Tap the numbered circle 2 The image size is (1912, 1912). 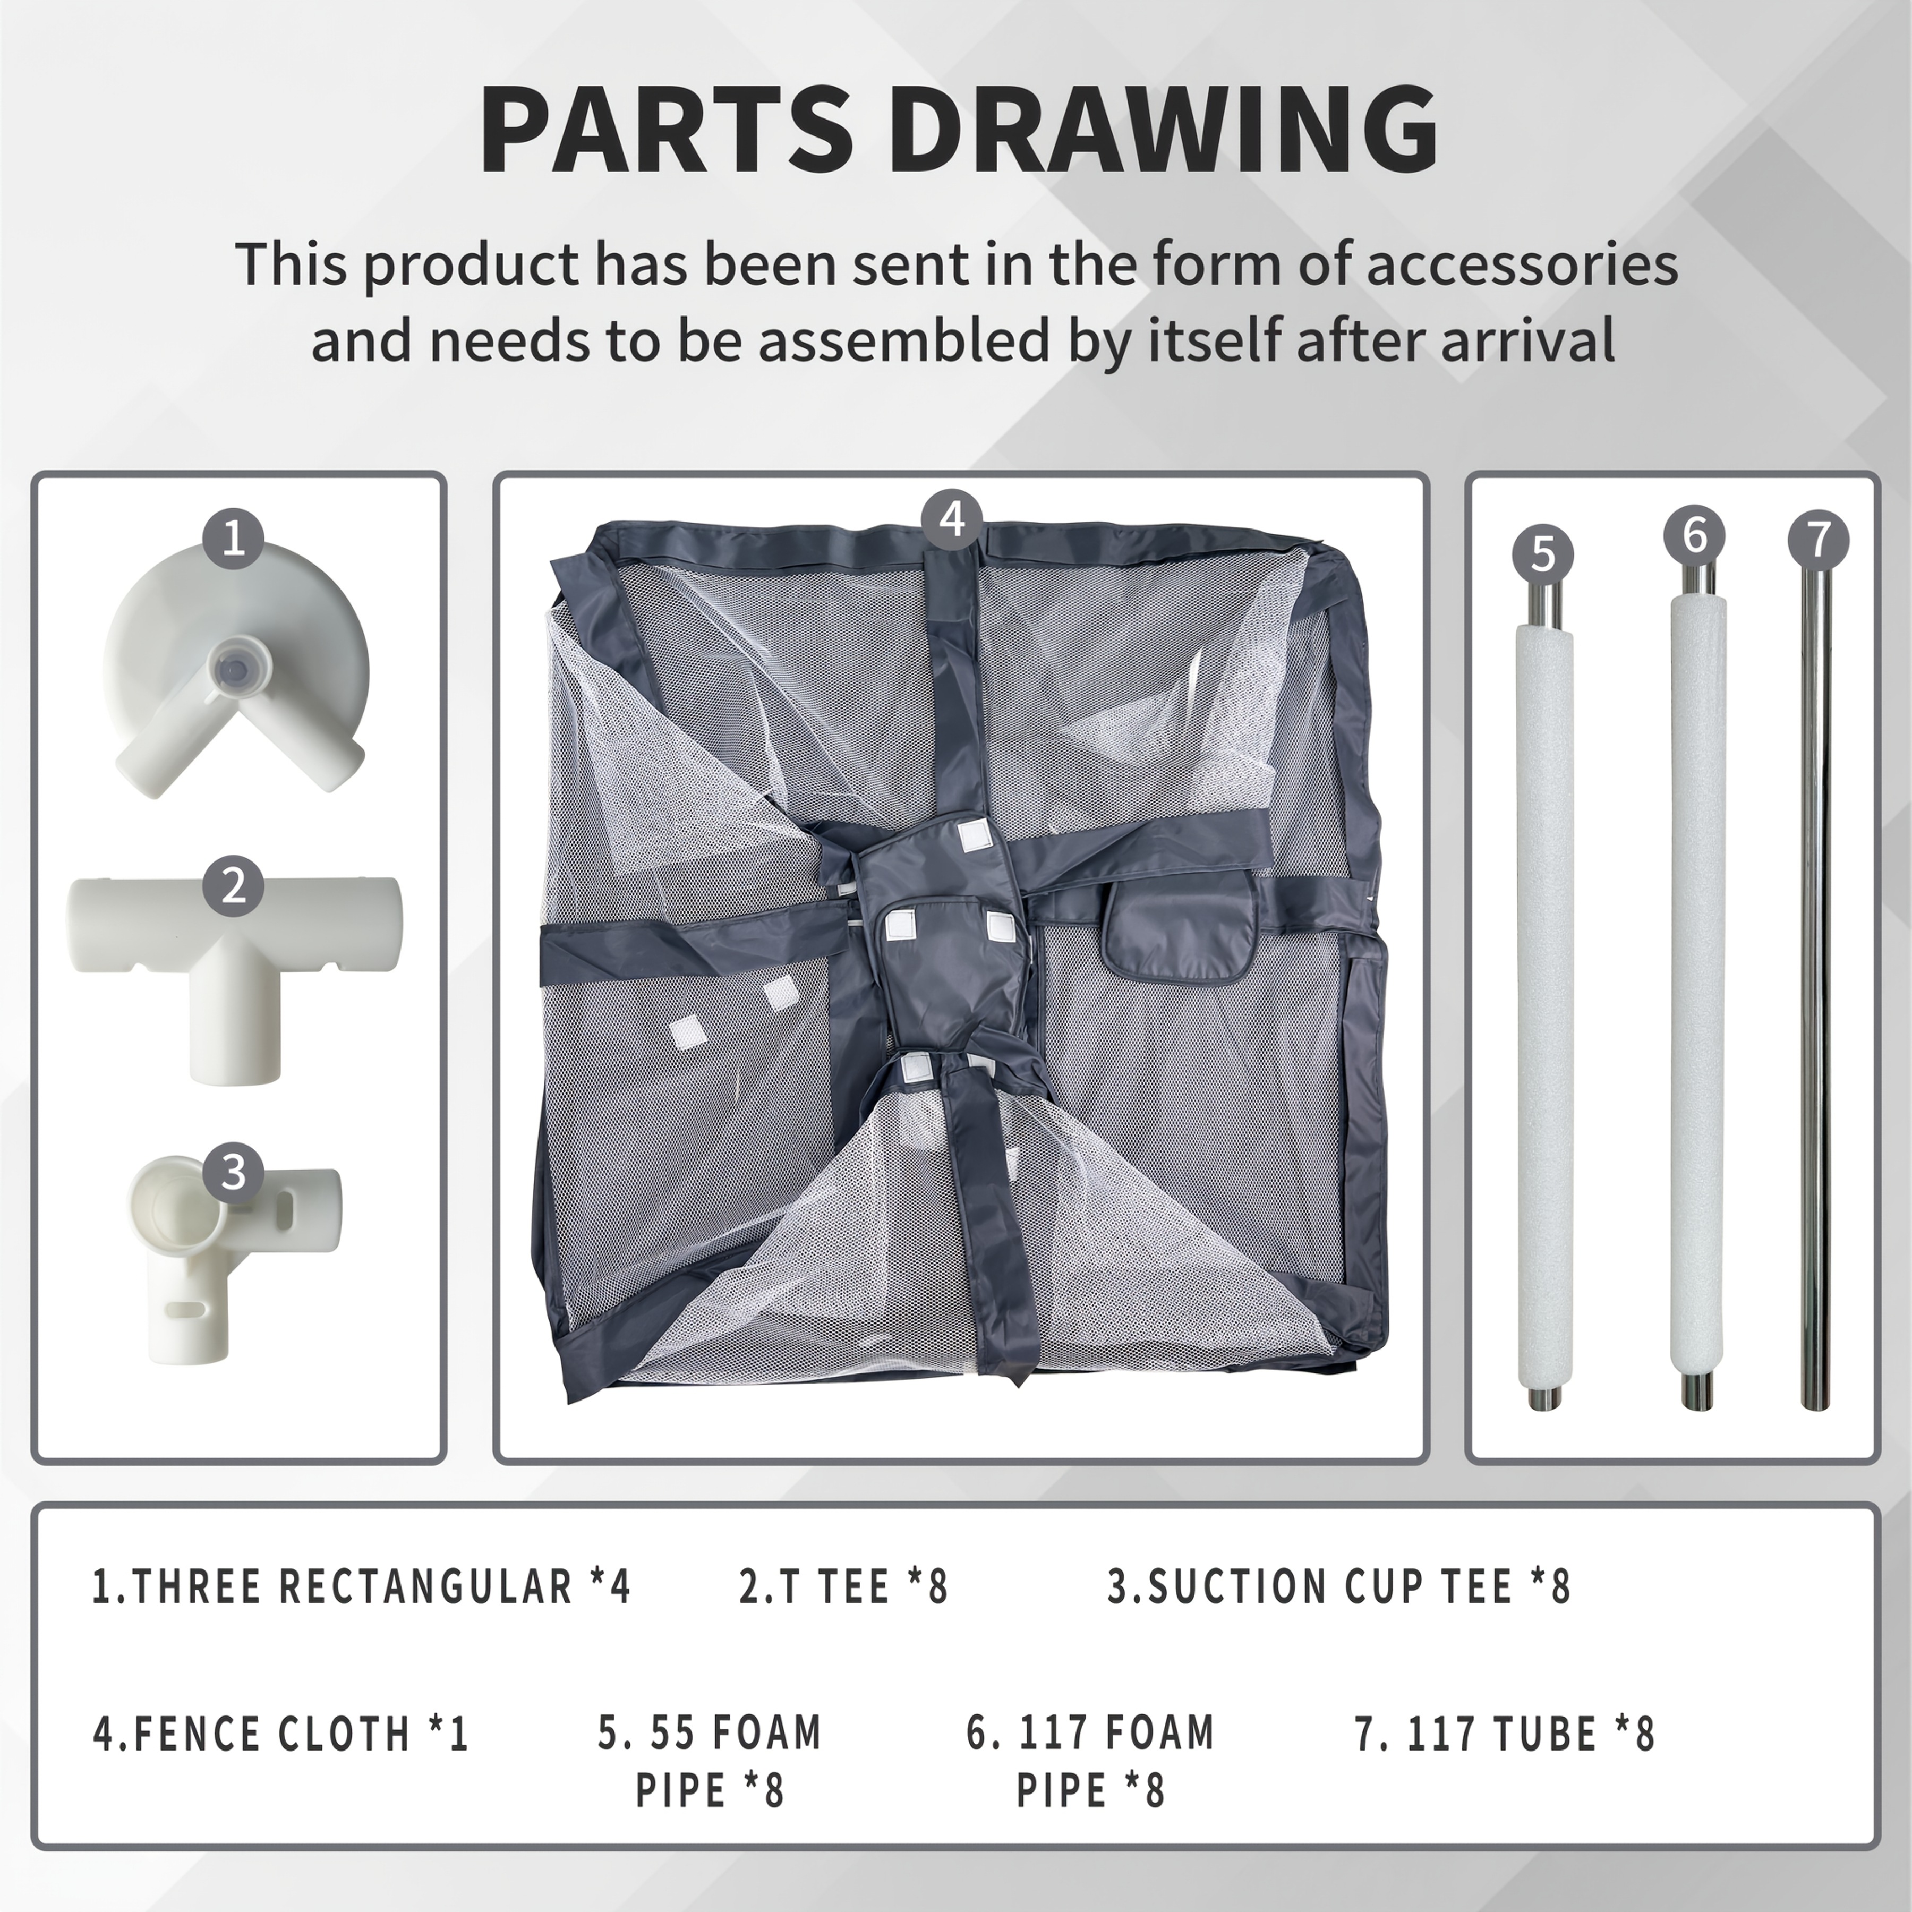click(x=234, y=886)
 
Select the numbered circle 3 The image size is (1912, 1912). click(x=234, y=1172)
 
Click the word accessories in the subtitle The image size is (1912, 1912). click(x=1522, y=264)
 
